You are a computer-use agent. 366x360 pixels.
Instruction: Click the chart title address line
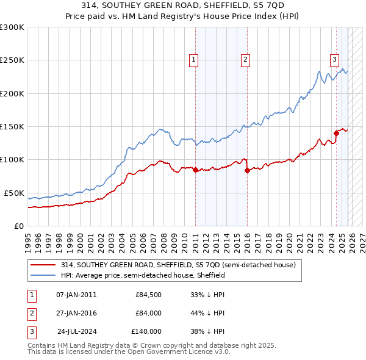pyautogui.click(x=182, y=7)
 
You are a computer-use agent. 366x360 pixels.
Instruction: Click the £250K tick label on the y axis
pyautogui.click(x=12, y=60)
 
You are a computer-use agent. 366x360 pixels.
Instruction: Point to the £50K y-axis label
pyautogui.click(x=13, y=193)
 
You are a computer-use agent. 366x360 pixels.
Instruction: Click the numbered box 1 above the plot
pyautogui.click(x=193, y=60)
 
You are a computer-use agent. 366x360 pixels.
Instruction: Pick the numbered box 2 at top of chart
pyautogui.click(x=245, y=60)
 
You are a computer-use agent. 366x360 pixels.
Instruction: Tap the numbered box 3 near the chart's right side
pyautogui.click(x=335, y=60)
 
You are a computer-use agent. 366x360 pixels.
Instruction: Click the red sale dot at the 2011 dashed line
pyautogui.click(x=195, y=170)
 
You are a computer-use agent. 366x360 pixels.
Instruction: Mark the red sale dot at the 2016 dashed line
pyautogui.click(x=247, y=171)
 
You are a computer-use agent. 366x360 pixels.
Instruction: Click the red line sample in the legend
pyautogui.click(x=43, y=265)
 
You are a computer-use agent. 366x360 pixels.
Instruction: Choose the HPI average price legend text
pyautogui.click(x=143, y=275)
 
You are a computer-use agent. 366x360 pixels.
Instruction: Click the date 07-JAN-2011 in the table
pyautogui.click(x=76, y=295)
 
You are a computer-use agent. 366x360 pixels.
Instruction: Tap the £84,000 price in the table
pyautogui.click(x=148, y=313)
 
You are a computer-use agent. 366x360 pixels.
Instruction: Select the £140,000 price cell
pyautogui.click(x=146, y=331)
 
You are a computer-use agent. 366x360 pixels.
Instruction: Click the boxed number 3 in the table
pyautogui.click(x=29, y=331)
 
